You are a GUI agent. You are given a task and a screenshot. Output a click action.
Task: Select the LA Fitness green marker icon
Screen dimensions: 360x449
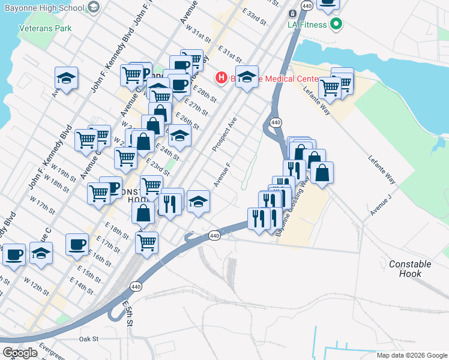click(x=336, y=25)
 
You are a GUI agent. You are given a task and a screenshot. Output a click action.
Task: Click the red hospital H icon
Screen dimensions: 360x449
click(x=220, y=77)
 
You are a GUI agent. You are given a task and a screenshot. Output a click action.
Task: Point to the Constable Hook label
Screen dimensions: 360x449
click(x=410, y=268)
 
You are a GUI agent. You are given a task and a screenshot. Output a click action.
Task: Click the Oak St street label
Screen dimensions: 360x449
click(x=88, y=339)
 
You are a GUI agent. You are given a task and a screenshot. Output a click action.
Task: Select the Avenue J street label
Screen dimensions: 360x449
click(x=381, y=205)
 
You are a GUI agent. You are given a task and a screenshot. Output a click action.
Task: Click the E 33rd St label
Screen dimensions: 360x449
click(x=255, y=17)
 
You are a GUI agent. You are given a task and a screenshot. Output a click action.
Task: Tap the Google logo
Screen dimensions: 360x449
click(x=20, y=353)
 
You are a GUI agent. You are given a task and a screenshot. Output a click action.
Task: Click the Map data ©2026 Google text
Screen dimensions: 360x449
click(x=411, y=355)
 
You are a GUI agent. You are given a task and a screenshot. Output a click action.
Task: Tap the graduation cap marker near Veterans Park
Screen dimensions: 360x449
click(x=67, y=78)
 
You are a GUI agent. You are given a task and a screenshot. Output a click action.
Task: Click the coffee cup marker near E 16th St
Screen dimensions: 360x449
click(x=77, y=245)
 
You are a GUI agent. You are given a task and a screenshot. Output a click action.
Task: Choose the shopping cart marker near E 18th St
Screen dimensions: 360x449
click(x=146, y=243)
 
